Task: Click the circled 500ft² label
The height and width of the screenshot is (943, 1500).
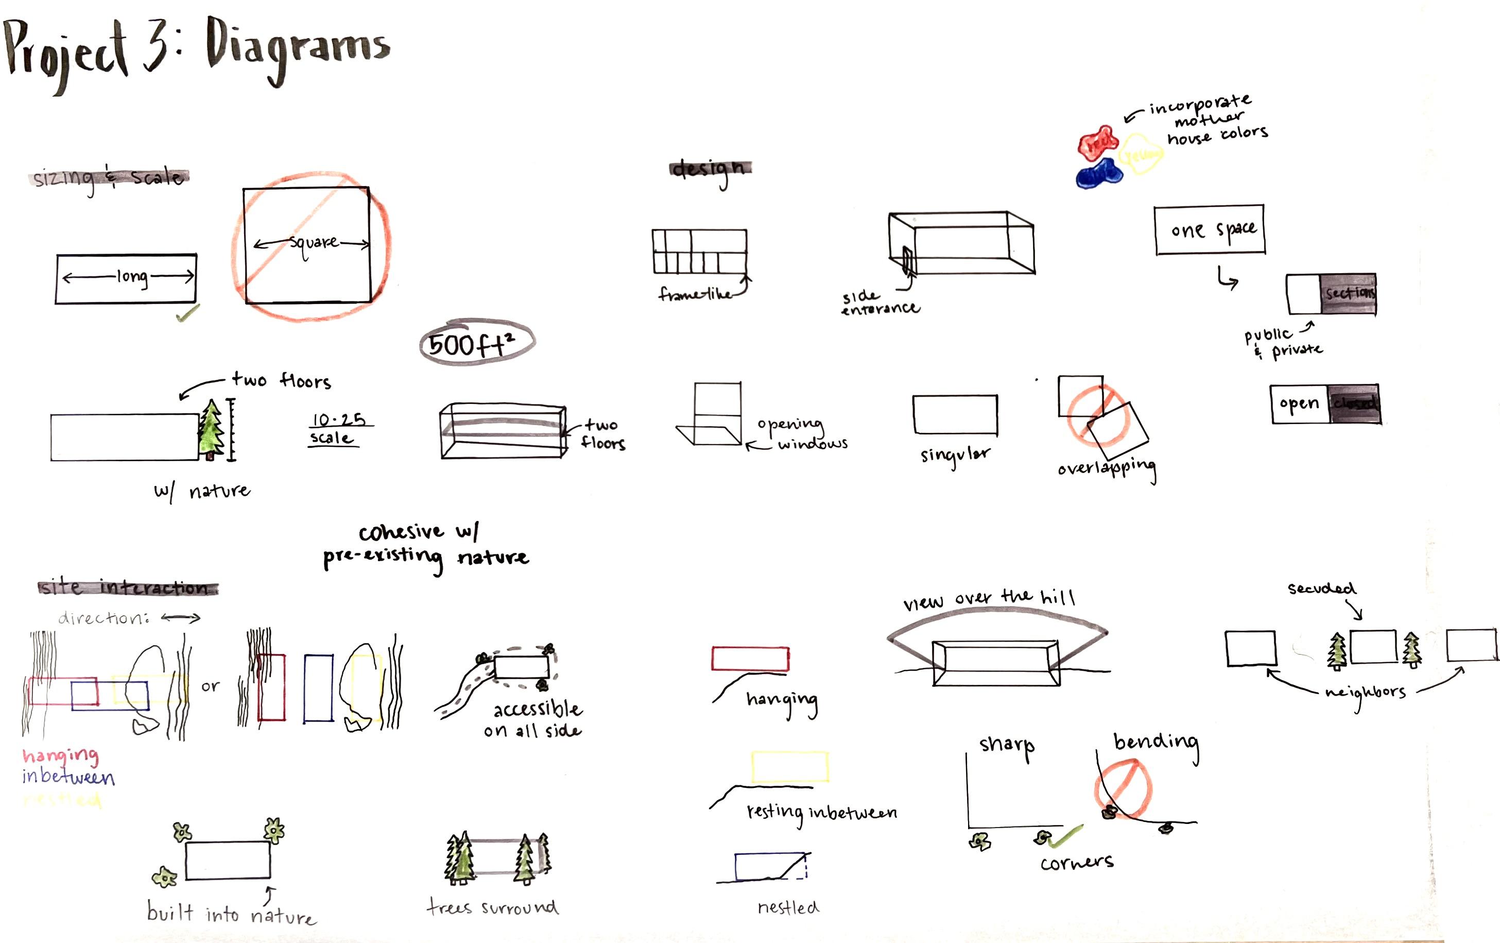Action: (476, 343)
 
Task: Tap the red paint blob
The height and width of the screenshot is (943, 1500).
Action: (1098, 143)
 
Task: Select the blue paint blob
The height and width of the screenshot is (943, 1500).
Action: (1099, 173)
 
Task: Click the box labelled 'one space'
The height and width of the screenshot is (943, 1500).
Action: (1210, 230)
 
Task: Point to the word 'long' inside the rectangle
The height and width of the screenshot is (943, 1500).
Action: (132, 276)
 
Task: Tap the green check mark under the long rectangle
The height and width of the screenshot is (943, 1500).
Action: (187, 313)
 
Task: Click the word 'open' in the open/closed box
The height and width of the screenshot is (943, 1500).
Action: (1299, 405)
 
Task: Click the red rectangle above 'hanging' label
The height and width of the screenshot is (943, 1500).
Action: (750, 659)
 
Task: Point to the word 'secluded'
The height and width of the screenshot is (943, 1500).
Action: (1321, 588)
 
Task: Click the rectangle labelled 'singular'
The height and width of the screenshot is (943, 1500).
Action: (955, 414)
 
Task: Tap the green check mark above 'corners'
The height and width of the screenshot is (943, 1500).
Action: (1066, 835)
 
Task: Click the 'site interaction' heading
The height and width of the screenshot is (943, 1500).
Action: (128, 587)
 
